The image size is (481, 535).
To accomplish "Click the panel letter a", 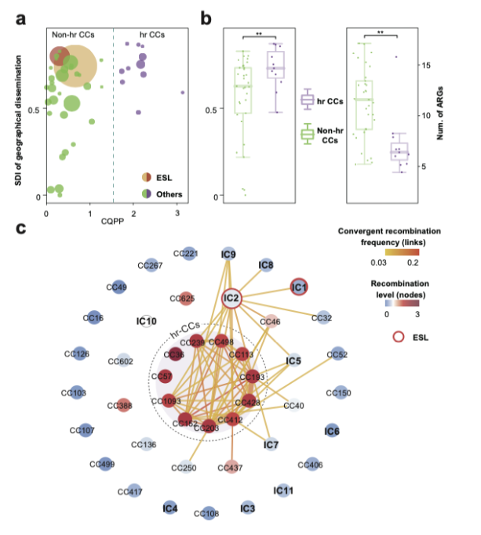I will pyautogui.click(x=23, y=15).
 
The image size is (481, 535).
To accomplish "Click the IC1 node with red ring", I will pyautogui.click(x=298, y=287).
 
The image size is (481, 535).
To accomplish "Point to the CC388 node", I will pyautogui.click(x=120, y=406).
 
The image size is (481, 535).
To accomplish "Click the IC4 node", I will pyautogui.click(x=169, y=508).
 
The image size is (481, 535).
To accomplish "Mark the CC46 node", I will pyautogui.click(x=270, y=322).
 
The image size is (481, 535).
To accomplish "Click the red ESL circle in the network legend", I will pyautogui.click(x=399, y=338).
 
